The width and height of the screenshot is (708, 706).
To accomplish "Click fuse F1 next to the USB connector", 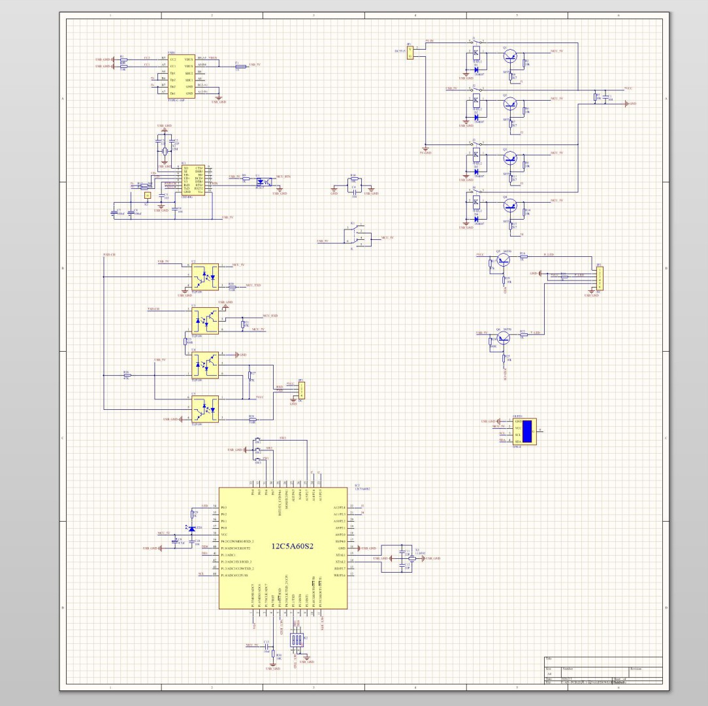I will [240, 66].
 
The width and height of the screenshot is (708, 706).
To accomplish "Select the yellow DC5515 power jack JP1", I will [410, 53].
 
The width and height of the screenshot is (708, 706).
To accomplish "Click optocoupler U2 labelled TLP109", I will [204, 275].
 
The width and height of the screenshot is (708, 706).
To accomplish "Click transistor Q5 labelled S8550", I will [502, 260].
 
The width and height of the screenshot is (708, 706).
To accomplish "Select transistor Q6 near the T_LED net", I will [502, 338].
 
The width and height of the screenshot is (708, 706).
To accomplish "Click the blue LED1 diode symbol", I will [191, 528].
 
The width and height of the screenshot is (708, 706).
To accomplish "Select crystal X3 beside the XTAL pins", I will [400, 558].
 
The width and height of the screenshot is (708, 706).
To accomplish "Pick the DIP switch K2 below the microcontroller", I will [297, 640].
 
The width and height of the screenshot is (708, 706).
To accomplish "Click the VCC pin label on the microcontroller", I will [223, 535].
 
